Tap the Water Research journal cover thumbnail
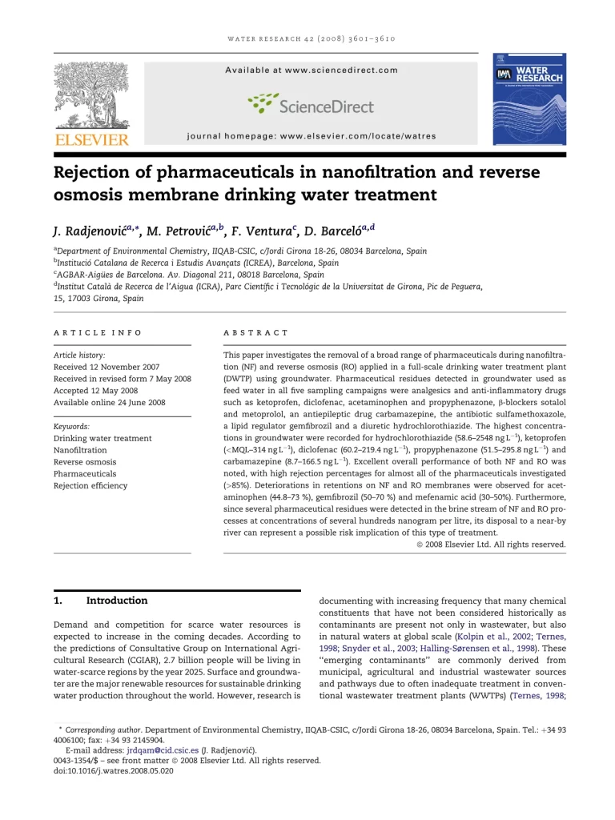pos(529,98)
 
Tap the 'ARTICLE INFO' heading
pos(98,332)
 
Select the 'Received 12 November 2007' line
pos(107,367)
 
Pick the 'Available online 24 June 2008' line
pos(110,403)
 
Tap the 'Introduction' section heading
pos(117,601)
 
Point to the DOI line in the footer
pos(113,771)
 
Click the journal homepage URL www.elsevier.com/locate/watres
pos(358,137)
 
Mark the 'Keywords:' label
pos(71,427)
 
